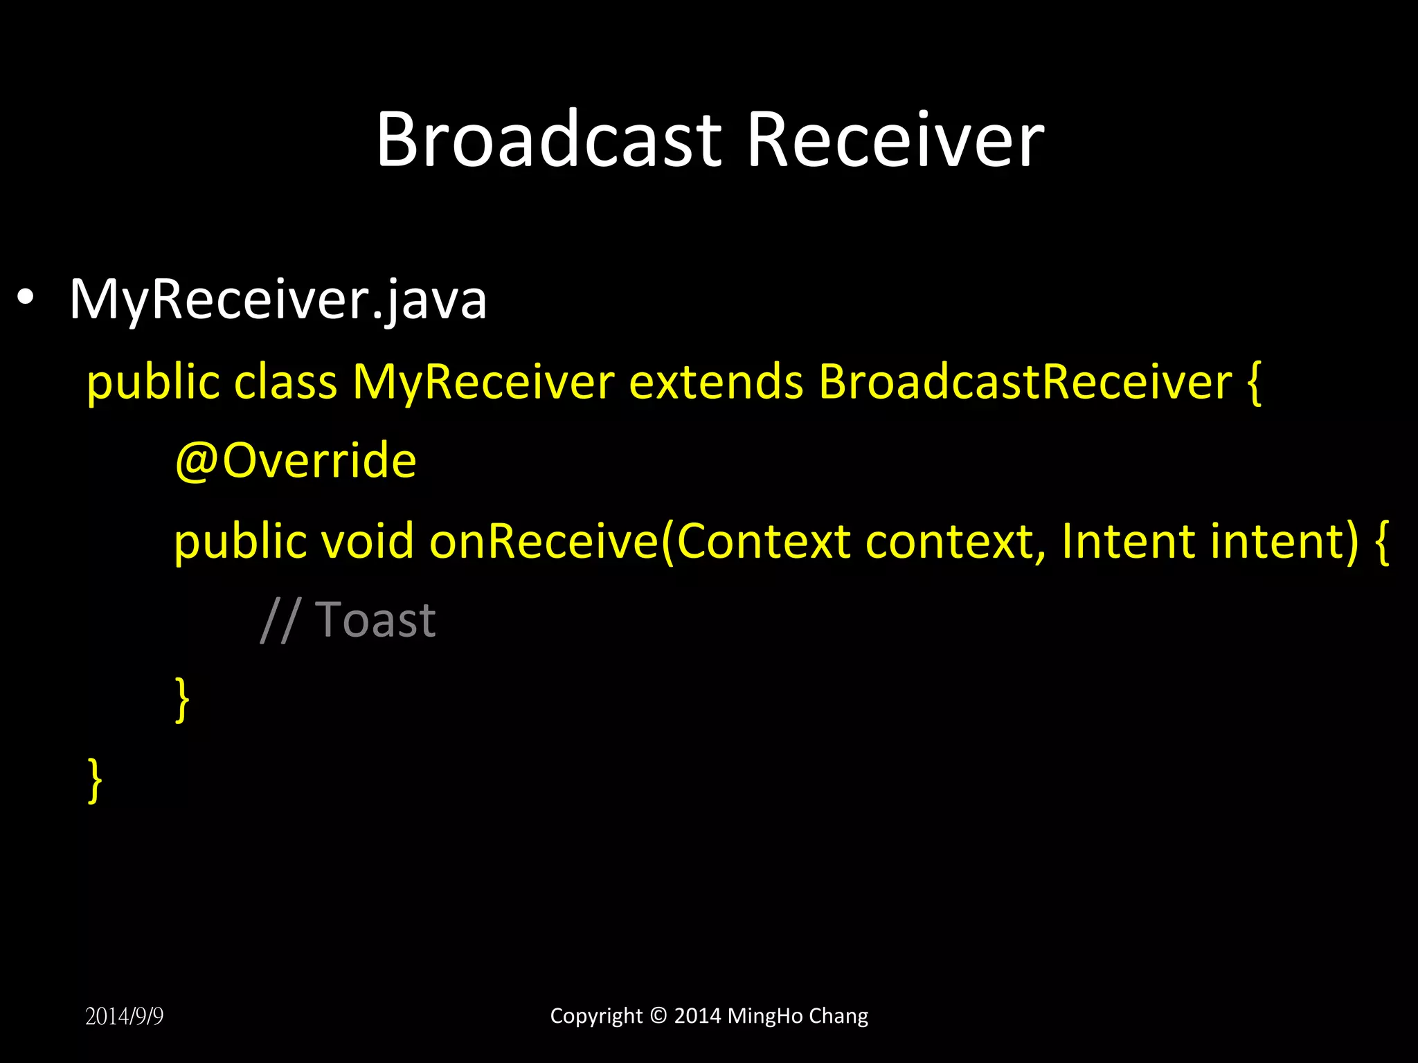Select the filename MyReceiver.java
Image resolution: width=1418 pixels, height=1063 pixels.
pos(278,300)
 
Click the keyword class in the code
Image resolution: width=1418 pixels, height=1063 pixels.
pos(285,381)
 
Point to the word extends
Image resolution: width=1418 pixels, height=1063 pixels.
pos(716,381)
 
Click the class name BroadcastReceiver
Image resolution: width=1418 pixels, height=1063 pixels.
pos(1025,381)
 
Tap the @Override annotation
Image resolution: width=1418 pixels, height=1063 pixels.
pos(296,460)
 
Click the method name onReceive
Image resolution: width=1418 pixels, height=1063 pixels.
pos(544,540)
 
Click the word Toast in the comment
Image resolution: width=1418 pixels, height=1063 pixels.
pos(375,619)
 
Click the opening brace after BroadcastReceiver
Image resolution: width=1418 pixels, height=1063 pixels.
pos(1254,383)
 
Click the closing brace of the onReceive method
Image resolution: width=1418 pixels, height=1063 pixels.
pos(182,700)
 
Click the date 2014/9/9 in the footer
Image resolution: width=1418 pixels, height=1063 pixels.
pos(125,1016)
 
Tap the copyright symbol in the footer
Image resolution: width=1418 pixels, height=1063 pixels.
pos(658,1015)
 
